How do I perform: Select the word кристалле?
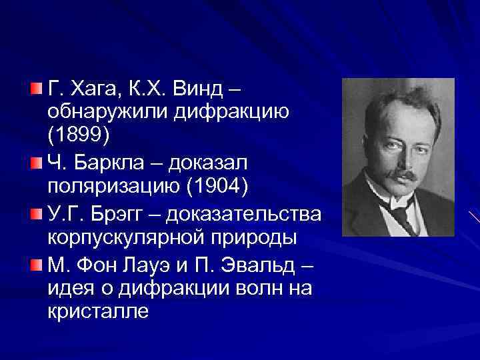click(x=98, y=311)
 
